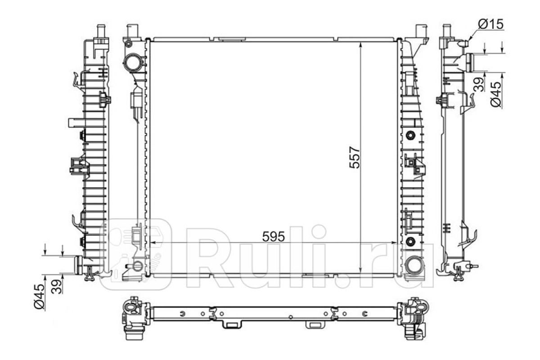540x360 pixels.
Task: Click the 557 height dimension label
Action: point(355,157)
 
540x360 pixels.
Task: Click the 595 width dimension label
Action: point(274,237)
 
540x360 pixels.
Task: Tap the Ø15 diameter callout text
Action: point(491,24)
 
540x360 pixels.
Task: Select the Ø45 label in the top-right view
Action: point(495,94)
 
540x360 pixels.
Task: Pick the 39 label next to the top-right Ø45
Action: point(479,85)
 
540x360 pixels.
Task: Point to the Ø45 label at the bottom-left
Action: point(39,297)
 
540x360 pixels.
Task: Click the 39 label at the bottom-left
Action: point(57,287)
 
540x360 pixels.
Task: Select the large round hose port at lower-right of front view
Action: point(414,265)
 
